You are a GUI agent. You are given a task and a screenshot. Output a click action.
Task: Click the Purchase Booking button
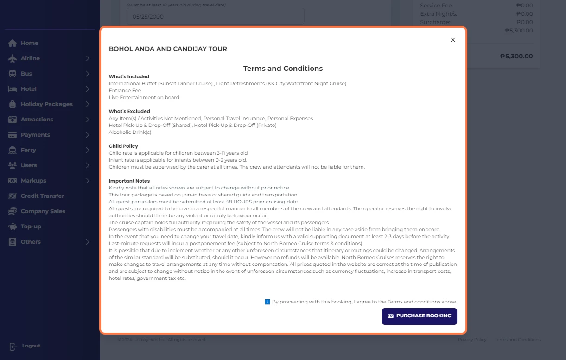coord(419,316)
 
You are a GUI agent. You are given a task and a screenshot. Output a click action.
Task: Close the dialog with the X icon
coord(453,40)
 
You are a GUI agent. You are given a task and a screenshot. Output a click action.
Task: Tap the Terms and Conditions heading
coord(283,69)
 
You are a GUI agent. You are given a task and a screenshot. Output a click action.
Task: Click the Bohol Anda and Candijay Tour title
coord(168,49)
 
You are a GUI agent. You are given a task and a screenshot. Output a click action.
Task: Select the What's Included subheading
coord(129,76)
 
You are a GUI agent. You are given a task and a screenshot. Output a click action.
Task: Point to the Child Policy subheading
coord(123,146)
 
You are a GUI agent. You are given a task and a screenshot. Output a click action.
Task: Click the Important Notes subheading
coord(129,181)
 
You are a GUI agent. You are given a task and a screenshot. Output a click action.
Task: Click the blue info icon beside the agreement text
coord(267,302)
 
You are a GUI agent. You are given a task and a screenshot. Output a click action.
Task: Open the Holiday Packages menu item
coord(46,104)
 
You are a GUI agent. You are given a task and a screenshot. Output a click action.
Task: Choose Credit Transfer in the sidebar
coord(42,196)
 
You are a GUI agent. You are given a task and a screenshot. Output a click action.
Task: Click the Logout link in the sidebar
coord(31,346)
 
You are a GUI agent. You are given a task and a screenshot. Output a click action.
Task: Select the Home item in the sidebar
coord(29,43)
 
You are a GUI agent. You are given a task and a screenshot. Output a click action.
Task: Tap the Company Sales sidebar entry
coord(43,211)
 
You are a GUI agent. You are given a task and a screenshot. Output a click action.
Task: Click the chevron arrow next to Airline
coord(88,58)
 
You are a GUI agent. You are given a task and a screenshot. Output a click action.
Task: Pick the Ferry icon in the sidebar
coord(13,150)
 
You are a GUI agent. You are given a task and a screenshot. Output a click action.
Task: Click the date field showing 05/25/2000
coord(216,17)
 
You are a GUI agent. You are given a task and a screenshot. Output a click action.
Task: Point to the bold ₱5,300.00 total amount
coord(516,57)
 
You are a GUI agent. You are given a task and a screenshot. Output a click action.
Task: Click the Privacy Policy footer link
coord(472,340)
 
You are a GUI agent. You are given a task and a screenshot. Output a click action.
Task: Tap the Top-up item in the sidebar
coord(31,227)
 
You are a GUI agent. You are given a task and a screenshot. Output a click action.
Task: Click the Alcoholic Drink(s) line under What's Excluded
coord(130,132)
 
